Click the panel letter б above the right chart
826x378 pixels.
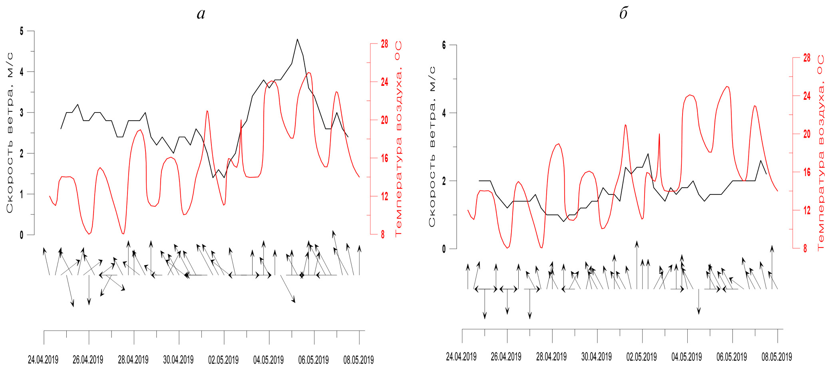(x=623, y=14)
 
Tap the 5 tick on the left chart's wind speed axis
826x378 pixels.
(x=22, y=31)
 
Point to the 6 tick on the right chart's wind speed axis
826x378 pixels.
(x=444, y=45)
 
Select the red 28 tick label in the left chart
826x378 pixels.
(x=384, y=44)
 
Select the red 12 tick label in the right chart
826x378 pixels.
(x=807, y=210)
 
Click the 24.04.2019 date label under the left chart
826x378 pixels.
(x=43, y=360)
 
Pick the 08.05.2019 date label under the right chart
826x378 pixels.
(x=776, y=357)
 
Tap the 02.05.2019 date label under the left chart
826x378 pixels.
(x=223, y=360)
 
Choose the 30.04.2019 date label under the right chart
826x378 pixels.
(x=596, y=357)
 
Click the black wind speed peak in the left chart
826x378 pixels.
(x=297, y=40)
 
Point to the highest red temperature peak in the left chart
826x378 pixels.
(x=309, y=73)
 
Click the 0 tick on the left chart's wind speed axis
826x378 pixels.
(x=22, y=235)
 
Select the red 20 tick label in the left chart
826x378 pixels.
(x=384, y=120)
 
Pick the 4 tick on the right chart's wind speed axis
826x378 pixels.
(x=444, y=113)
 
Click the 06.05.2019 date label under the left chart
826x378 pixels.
(x=313, y=360)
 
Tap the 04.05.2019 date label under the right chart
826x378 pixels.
(x=687, y=357)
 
